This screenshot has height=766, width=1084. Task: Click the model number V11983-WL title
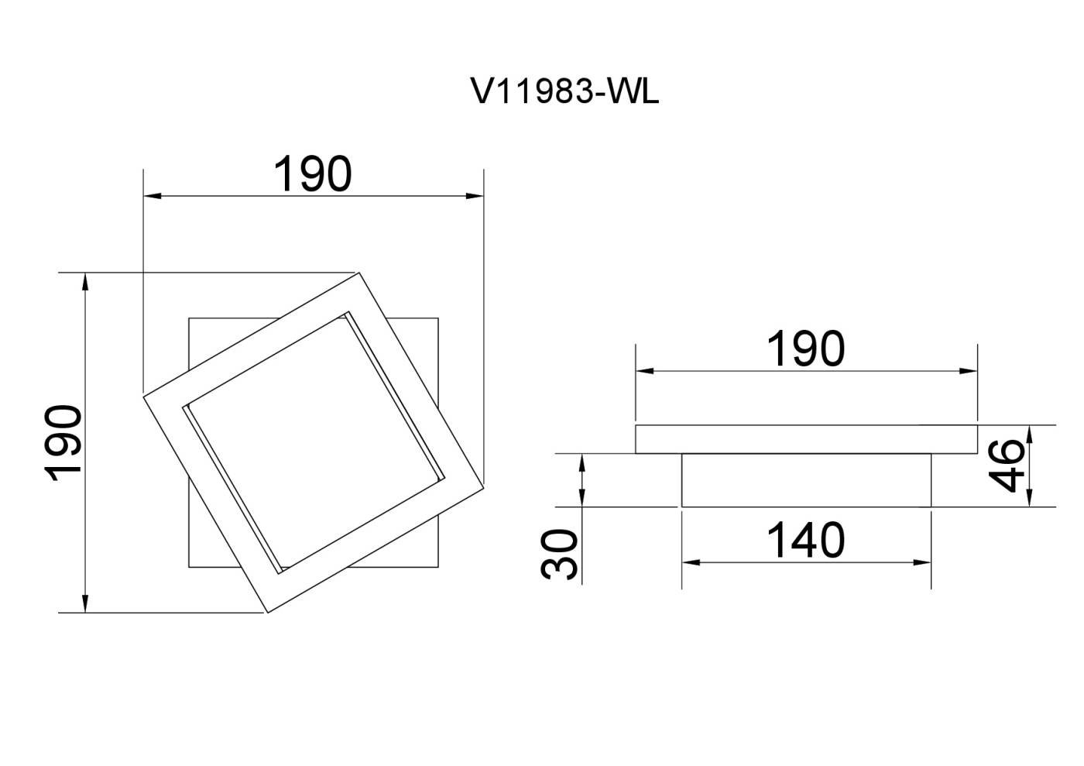[564, 92]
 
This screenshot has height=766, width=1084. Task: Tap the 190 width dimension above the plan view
[313, 173]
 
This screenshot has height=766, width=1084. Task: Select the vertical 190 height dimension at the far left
[63, 444]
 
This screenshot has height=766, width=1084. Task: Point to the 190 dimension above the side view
[806, 349]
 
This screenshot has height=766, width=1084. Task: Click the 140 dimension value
[806, 540]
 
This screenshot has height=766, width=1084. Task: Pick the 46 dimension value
[1006, 465]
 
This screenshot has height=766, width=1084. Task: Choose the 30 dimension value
[559, 555]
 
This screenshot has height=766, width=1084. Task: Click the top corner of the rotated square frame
[359, 273]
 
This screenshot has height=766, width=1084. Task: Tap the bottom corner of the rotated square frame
[268, 613]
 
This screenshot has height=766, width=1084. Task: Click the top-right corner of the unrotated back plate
[438, 318]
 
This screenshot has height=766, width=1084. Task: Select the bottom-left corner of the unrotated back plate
[189, 567]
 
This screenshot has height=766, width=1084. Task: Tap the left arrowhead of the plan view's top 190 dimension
[152, 196]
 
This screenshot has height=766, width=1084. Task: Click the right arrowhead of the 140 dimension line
[922, 562]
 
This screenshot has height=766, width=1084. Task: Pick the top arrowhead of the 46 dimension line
[1030, 434]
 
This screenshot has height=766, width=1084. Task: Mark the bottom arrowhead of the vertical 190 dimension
[85, 603]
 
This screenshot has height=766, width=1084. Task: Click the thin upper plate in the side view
[806, 439]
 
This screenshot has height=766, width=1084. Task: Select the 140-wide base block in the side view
[806, 480]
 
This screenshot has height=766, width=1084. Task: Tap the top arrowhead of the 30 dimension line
[582, 463]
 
